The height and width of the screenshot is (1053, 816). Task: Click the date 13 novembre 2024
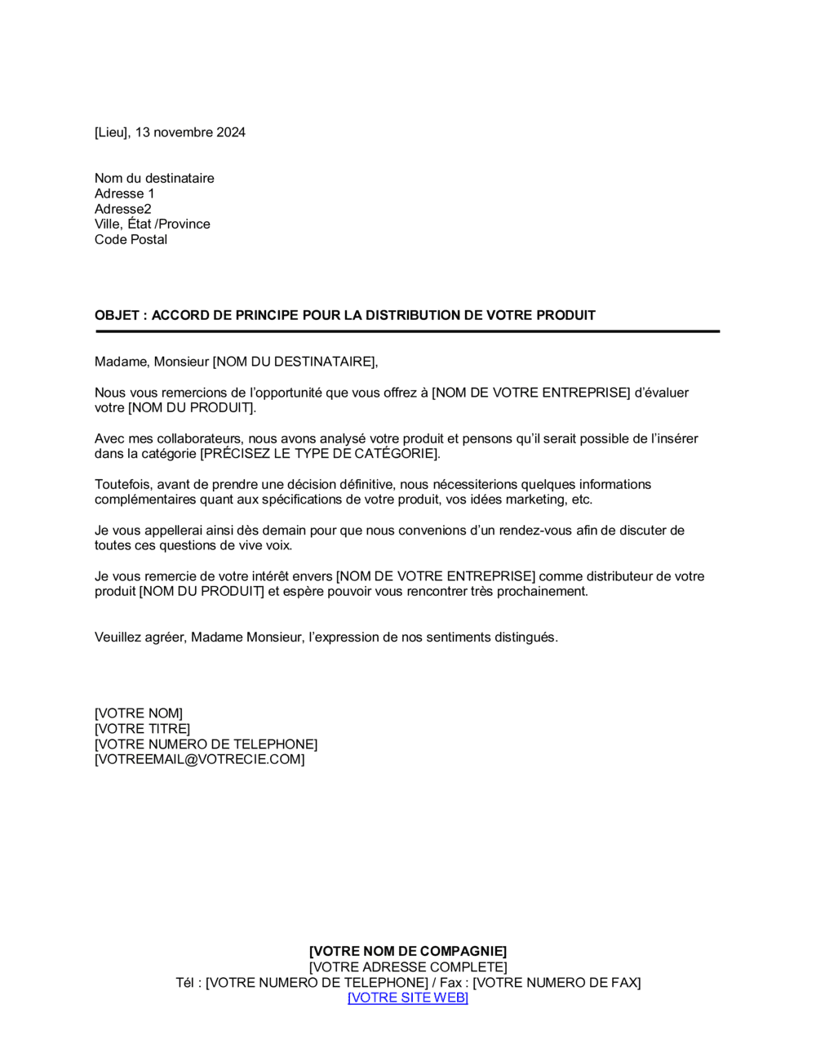click(x=190, y=132)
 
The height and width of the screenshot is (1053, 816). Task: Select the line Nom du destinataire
click(x=154, y=178)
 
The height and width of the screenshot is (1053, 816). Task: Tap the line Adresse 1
click(x=124, y=193)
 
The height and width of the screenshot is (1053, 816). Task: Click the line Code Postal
click(x=131, y=239)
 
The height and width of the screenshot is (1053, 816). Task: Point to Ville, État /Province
click(x=152, y=224)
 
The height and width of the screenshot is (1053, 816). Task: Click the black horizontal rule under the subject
click(x=407, y=331)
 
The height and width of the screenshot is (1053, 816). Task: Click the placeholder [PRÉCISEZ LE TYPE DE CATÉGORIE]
click(x=319, y=453)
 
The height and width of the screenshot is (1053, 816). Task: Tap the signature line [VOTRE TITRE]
click(x=142, y=728)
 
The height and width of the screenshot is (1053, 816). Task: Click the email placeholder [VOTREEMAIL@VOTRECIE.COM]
click(x=199, y=759)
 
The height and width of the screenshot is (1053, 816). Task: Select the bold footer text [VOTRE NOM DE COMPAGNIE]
click(x=407, y=951)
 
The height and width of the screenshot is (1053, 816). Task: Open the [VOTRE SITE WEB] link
click(x=407, y=997)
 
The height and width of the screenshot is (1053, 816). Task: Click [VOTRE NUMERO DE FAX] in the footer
click(x=557, y=982)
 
